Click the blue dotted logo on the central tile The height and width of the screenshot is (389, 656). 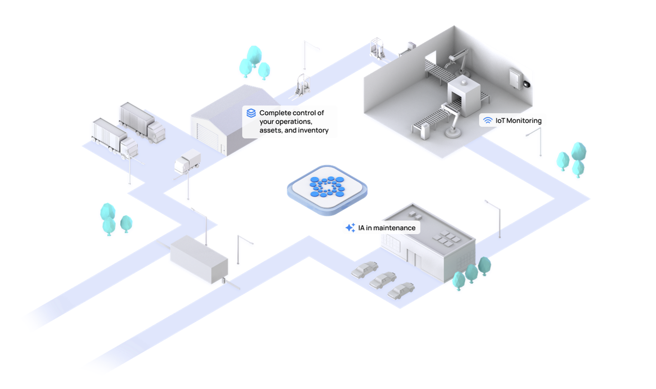tap(327, 187)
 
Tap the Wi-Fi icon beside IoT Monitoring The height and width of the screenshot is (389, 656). tap(488, 120)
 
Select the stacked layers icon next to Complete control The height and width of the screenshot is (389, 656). tap(251, 113)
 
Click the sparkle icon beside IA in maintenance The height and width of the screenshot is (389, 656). tap(350, 228)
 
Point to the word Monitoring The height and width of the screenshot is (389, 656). tap(524, 121)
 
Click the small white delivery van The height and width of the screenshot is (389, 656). tap(188, 161)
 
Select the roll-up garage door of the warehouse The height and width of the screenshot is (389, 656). tap(208, 137)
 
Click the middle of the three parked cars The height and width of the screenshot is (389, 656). tap(383, 280)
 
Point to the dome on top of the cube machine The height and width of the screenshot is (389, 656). tap(464, 83)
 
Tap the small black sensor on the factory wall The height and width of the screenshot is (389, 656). tap(527, 84)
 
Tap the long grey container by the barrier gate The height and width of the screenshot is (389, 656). tap(199, 259)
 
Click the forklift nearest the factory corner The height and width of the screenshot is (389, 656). tap(377, 48)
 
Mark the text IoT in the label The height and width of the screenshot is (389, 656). tap(500, 121)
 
